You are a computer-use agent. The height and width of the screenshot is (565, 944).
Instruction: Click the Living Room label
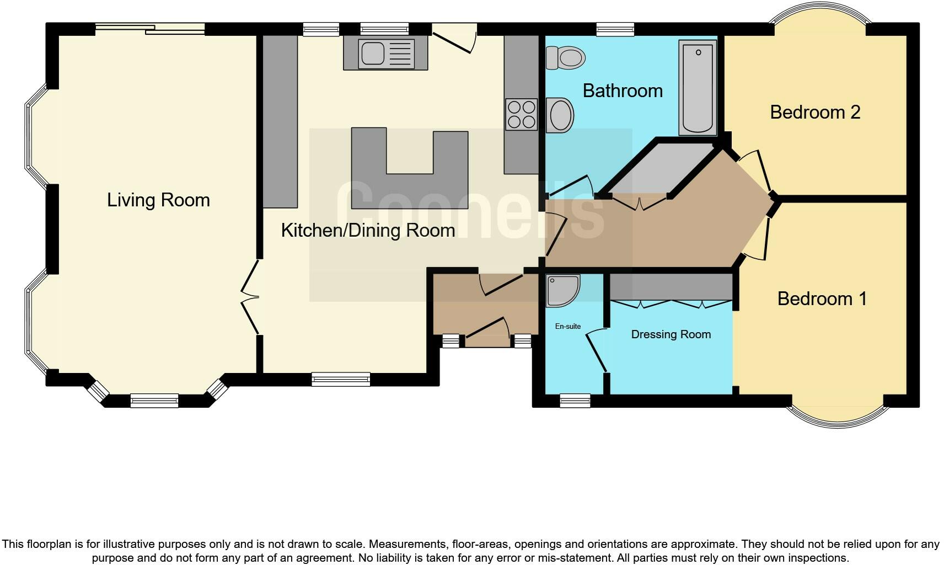[x=158, y=200]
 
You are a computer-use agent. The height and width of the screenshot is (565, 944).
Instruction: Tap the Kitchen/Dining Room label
[x=368, y=230]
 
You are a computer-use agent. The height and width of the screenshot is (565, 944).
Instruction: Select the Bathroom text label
[x=623, y=90]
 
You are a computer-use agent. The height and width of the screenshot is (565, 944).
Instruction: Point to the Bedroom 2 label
[x=815, y=112]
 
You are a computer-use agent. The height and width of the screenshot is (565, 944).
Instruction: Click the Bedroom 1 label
[x=822, y=299]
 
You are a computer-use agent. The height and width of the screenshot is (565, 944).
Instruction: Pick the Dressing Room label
[x=671, y=334]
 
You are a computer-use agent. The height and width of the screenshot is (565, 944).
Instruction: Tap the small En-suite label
[x=567, y=326]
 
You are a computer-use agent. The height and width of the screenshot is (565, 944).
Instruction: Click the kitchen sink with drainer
[x=385, y=54]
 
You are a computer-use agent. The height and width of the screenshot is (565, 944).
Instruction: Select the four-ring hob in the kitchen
[x=521, y=114]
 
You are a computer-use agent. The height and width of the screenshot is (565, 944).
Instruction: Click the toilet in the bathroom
[x=566, y=57]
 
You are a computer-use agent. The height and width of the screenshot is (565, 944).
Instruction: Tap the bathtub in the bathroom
[x=698, y=88]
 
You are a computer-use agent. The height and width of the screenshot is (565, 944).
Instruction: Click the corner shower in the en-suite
[x=562, y=290]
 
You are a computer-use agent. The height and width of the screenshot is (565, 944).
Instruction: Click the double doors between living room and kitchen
[x=251, y=297]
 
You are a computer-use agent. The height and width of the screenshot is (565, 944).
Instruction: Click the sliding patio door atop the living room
[x=149, y=29]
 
